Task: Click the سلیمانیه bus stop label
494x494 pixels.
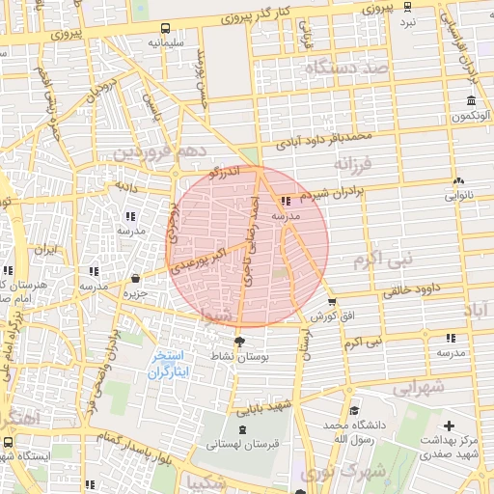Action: click(166, 43)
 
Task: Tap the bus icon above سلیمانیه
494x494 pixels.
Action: click(166, 28)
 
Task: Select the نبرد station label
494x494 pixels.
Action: click(408, 21)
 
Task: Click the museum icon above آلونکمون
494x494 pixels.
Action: click(471, 101)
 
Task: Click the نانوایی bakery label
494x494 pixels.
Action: click(459, 195)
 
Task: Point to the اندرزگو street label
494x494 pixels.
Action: click(224, 172)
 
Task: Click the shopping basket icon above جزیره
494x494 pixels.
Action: click(135, 279)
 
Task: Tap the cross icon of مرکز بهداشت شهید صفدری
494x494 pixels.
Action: click(449, 425)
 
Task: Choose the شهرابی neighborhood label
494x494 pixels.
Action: click(417, 386)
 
